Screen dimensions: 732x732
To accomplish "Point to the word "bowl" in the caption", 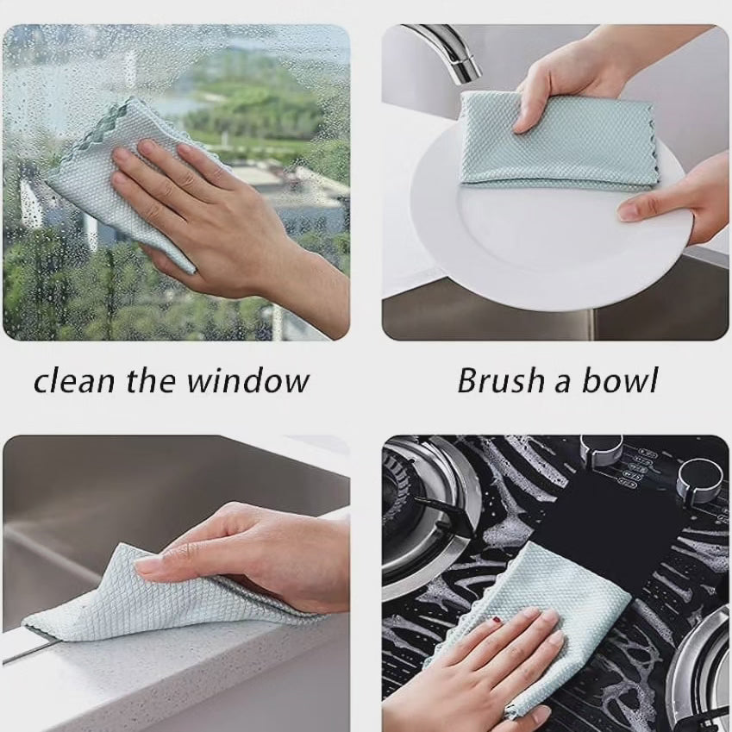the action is point(620,379).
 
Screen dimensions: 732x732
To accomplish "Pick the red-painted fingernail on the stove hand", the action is point(497,620).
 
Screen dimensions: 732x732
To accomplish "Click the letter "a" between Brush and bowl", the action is point(561,384).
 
